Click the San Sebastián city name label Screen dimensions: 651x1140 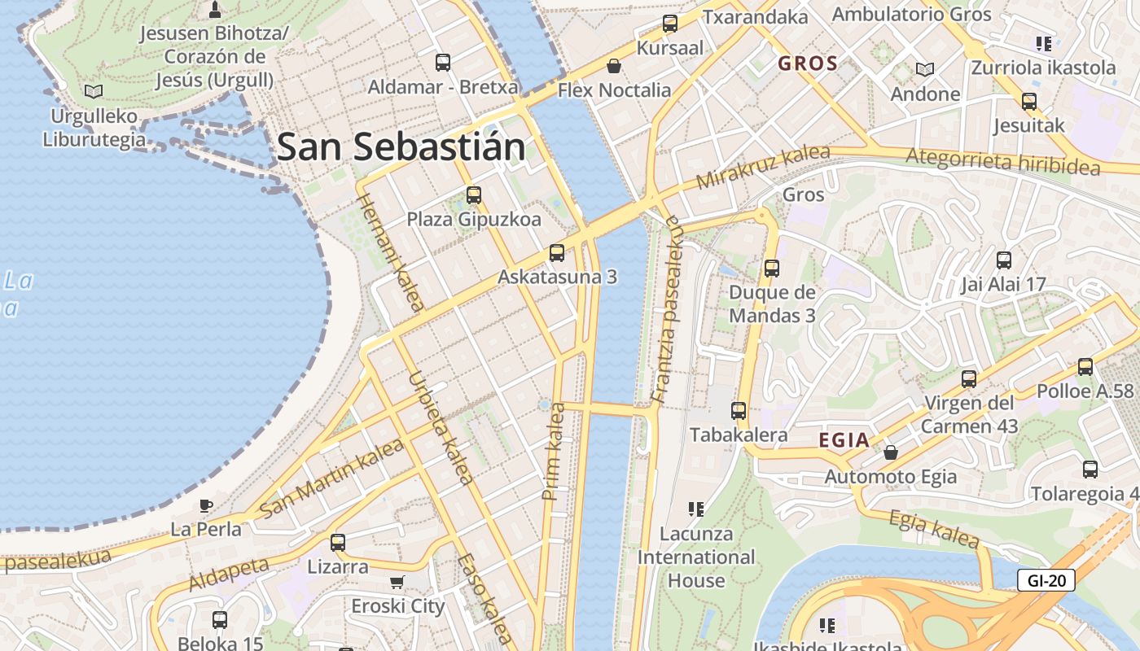click(401, 147)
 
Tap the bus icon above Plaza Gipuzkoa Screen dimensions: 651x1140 click(474, 195)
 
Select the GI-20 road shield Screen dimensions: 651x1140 click(1046, 580)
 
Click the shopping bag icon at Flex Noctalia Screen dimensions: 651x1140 click(613, 66)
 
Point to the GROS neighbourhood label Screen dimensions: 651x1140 click(808, 63)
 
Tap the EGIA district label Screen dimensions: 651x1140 click(844, 441)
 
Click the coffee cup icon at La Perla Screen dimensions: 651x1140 click(206, 505)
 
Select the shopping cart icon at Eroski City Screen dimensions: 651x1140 click(397, 582)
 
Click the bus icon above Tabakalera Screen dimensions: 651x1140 click(739, 411)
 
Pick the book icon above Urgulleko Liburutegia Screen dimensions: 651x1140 click(94, 91)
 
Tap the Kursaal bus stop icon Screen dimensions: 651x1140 click(670, 24)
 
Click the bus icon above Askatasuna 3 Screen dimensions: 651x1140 click(557, 253)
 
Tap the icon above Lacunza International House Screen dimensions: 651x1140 click(695, 509)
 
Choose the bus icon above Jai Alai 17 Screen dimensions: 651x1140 click(1004, 260)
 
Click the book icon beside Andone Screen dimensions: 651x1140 click(925, 69)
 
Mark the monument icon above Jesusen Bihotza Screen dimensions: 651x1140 click(215, 10)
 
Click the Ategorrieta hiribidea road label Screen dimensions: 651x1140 click(1002, 161)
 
